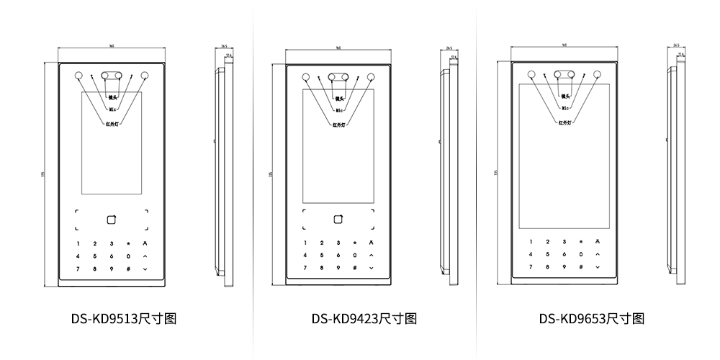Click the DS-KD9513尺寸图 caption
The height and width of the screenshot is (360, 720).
[x=123, y=318]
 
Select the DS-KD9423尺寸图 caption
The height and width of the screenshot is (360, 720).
[x=364, y=318]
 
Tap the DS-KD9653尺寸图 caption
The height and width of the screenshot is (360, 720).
[x=590, y=318]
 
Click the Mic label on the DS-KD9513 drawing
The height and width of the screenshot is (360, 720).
[x=112, y=109]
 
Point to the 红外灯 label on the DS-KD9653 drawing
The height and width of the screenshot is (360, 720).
[x=567, y=122]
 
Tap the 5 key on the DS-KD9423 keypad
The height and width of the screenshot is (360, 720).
[x=321, y=256]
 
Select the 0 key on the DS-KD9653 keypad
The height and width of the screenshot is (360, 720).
[x=580, y=254]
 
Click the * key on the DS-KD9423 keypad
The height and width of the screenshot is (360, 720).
[x=354, y=243]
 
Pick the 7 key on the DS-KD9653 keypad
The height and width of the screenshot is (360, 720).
[x=531, y=266]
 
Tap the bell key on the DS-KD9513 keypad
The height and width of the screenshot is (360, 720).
[x=145, y=243]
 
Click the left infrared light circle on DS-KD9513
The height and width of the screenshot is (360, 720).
[x=78, y=75]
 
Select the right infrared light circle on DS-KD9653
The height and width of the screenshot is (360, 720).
[x=596, y=73]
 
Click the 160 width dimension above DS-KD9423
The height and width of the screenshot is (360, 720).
[x=338, y=48]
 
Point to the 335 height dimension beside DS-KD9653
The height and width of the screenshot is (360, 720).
[x=497, y=173]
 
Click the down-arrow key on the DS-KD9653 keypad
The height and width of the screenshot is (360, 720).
[x=598, y=266]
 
